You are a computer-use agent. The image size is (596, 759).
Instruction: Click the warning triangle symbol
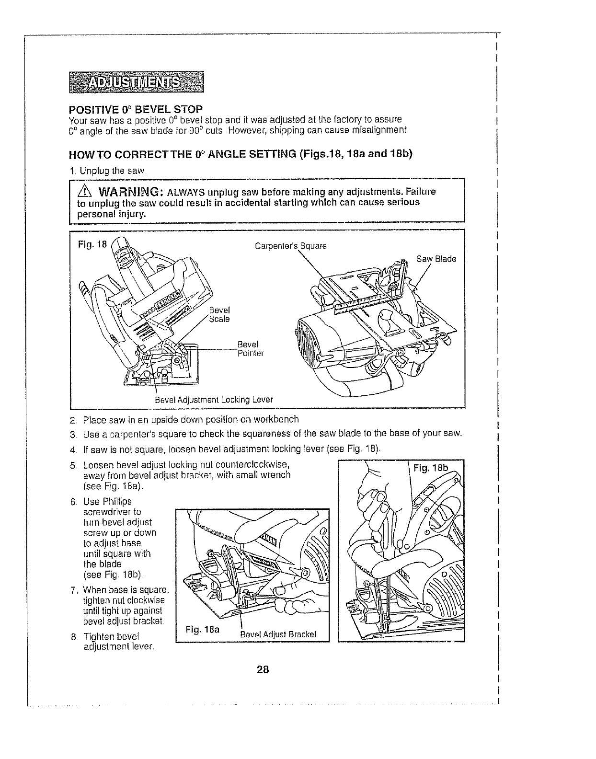click(85, 193)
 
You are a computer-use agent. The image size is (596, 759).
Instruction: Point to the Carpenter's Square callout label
click(290, 246)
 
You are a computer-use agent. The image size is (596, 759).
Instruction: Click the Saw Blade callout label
click(436, 259)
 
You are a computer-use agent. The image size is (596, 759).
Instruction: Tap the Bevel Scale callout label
click(220, 315)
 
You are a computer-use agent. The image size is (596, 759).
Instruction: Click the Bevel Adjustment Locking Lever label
click(214, 400)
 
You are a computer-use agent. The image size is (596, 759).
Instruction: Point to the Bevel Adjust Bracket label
click(278, 634)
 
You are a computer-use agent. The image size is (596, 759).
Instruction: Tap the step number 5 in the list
click(73, 466)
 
